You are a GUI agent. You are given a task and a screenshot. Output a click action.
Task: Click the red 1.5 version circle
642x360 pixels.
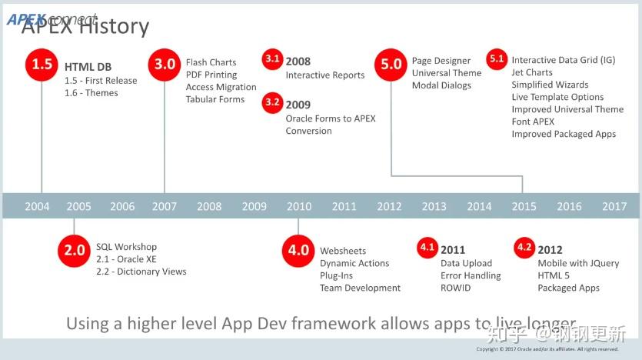pyautogui.click(x=42, y=65)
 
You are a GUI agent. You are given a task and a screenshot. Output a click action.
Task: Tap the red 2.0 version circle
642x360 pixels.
pyautogui.click(x=75, y=250)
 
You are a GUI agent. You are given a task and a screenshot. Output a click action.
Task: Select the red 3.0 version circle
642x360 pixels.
pyautogui.click(x=165, y=65)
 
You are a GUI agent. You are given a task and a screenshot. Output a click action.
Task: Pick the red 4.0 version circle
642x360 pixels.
pyautogui.click(x=298, y=250)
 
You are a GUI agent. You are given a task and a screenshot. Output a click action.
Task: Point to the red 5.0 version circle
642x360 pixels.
pyautogui.click(x=391, y=65)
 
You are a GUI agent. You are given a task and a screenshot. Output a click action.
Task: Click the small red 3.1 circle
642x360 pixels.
pyautogui.click(x=271, y=59)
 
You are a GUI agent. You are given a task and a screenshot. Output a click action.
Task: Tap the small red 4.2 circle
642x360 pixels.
pyautogui.click(x=524, y=248)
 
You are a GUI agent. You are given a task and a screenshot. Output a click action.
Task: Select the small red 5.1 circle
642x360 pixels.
pyautogui.click(x=497, y=59)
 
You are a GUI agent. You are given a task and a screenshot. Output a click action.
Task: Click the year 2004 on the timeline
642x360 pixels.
pyautogui.click(x=37, y=206)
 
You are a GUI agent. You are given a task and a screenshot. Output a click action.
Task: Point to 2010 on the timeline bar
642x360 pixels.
pyautogui.click(x=299, y=206)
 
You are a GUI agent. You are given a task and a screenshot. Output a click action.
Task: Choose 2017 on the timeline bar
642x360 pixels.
pyautogui.click(x=614, y=206)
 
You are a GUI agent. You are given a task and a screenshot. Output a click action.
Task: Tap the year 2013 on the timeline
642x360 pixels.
pyautogui.click(x=434, y=206)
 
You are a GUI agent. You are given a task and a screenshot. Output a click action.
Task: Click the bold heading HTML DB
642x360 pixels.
pyautogui.click(x=89, y=67)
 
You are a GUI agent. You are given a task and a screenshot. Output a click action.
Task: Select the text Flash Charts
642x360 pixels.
pyautogui.click(x=211, y=62)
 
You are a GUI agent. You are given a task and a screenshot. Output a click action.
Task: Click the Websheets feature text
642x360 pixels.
pyautogui.click(x=343, y=251)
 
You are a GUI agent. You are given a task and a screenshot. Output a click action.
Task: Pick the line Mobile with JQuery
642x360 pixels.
pyautogui.click(x=578, y=263)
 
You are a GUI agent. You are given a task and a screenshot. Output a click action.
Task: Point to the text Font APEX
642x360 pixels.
pyautogui.click(x=533, y=122)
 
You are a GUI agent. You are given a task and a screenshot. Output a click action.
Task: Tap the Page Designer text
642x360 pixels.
pyautogui.click(x=441, y=61)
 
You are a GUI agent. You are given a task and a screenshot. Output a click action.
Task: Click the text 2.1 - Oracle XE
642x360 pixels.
pyautogui.click(x=126, y=259)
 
